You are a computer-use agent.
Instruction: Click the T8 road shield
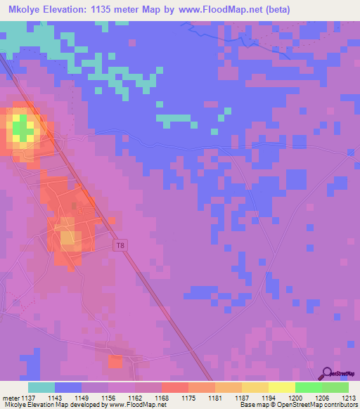[x=121, y=245]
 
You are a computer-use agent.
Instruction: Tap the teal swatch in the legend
[x=41, y=387]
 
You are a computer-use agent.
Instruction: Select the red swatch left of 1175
[x=174, y=387]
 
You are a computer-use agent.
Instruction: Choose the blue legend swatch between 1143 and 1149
[x=68, y=387]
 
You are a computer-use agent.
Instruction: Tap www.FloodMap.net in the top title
[x=224, y=11]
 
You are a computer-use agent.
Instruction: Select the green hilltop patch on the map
[x=22, y=129]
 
